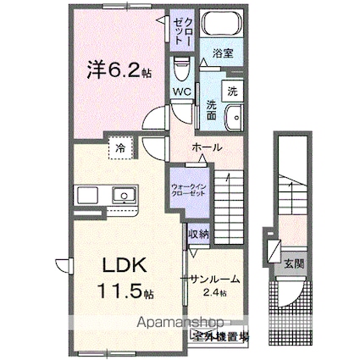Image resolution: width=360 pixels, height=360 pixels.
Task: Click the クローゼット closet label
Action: [184, 30]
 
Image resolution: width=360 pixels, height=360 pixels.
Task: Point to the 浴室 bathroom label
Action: [224, 53]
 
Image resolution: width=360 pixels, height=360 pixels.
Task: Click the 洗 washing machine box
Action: [232, 91]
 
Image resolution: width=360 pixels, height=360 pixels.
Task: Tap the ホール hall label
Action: [207, 147]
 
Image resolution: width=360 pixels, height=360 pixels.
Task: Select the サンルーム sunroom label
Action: [214, 279]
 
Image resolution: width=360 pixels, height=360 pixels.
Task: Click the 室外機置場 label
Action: [219, 336]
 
